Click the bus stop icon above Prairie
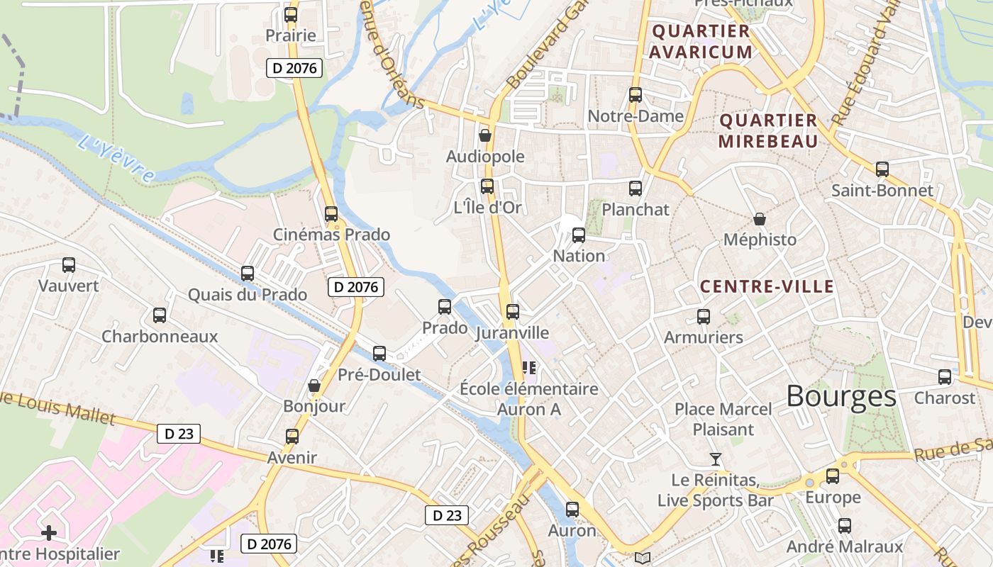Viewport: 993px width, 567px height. (x=291, y=15)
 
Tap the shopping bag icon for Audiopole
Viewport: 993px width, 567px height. (x=485, y=135)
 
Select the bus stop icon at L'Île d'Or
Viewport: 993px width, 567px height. (x=487, y=186)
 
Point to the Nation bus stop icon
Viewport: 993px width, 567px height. (x=579, y=235)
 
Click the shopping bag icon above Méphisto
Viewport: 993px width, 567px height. (x=760, y=219)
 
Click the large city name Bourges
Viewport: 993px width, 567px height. (x=841, y=396)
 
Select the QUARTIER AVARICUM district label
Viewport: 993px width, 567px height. (x=701, y=41)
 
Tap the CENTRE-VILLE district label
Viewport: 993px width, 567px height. (x=767, y=287)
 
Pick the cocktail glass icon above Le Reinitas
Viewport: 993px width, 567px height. (x=716, y=460)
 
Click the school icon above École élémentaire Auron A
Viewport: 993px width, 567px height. (x=528, y=368)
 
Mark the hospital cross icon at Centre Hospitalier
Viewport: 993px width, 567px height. (x=49, y=532)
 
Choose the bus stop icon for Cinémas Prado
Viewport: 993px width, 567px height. (x=331, y=213)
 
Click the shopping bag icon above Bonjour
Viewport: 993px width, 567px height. (x=314, y=386)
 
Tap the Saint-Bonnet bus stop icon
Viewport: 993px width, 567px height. (x=882, y=169)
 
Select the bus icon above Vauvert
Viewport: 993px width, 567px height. (x=69, y=265)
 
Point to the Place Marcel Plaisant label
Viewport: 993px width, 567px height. (x=723, y=419)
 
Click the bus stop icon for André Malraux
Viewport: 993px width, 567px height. (x=845, y=526)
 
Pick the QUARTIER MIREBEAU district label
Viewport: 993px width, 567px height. (x=768, y=130)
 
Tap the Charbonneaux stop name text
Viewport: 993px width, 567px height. (x=160, y=336)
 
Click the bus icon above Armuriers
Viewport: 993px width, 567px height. (x=704, y=317)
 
